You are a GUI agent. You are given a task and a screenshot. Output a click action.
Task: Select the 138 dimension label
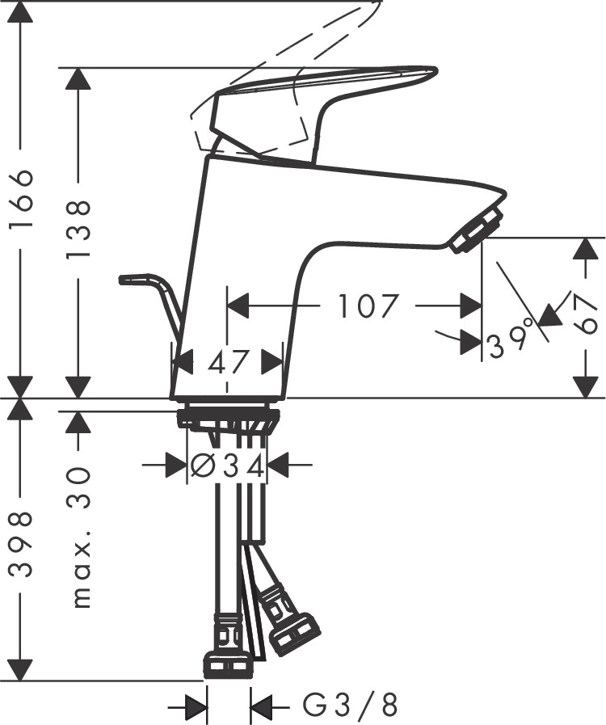click(78, 230)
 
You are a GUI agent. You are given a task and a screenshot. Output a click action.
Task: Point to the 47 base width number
click(227, 361)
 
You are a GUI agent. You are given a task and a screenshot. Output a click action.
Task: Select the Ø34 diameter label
click(227, 466)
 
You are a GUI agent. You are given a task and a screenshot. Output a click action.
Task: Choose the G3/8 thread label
click(351, 706)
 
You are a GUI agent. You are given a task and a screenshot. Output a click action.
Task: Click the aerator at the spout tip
click(477, 230)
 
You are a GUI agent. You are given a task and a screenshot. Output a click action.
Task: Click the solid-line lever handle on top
click(323, 105)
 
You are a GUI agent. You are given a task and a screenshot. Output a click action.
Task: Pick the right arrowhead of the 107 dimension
click(471, 306)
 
